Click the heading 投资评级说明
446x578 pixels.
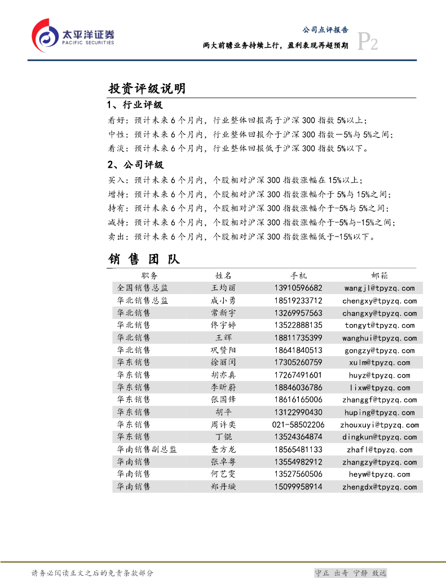click(x=147, y=89)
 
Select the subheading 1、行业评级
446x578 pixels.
click(x=135, y=106)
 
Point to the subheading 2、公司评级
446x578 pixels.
click(x=135, y=165)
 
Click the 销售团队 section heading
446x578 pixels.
click(x=144, y=259)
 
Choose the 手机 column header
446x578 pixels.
click(x=298, y=275)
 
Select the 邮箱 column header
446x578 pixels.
click(x=379, y=275)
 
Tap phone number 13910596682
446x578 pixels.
click(x=298, y=288)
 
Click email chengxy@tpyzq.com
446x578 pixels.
click(x=379, y=301)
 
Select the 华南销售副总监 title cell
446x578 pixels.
click(x=147, y=449)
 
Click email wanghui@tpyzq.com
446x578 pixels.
click(x=379, y=338)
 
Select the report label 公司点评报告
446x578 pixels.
click(x=325, y=30)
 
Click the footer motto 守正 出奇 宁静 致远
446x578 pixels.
click(x=350, y=573)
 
